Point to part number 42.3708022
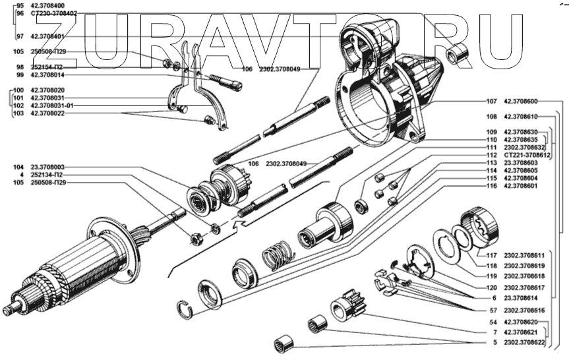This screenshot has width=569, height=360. point(47,113)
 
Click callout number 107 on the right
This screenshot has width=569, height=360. point(491,102)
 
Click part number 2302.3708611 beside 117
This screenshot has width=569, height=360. point(525,255)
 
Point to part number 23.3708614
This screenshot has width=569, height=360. point(521,297)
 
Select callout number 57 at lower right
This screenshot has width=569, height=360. point(493,309)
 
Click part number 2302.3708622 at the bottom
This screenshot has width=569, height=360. point(525,343)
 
